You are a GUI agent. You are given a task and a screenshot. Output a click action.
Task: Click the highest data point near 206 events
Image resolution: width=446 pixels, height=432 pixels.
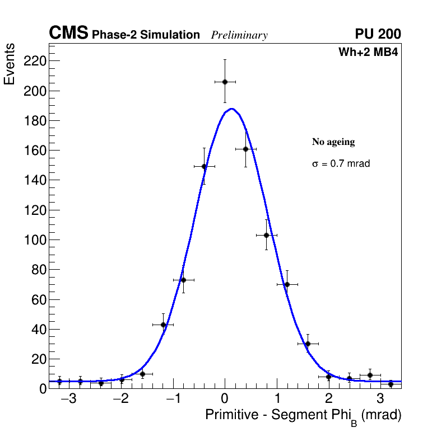tap(225, 82)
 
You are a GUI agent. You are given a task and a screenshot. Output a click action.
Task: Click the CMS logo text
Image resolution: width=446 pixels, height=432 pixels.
tap(68, 34)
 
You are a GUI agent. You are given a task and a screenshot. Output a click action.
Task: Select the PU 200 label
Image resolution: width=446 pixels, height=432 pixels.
tap(378, 34)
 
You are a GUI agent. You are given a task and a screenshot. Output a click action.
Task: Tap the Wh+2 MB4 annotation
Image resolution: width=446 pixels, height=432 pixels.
tap(368, 53)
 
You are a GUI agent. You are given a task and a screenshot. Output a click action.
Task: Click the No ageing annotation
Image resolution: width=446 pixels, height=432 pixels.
tap(333, 142)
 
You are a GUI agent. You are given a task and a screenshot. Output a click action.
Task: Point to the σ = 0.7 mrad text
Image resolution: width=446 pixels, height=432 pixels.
tap(341, 164)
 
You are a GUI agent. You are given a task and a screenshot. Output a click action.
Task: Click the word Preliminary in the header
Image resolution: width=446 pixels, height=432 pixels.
tap(239, 35)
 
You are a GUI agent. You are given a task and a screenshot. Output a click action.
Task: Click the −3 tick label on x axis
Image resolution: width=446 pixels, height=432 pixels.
tap(68, 400)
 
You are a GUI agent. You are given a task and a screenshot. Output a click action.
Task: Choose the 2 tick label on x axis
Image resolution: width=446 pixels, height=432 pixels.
tap(329, 400)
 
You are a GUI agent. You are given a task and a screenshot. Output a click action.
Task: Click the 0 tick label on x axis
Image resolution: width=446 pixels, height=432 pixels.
tap(225, 400)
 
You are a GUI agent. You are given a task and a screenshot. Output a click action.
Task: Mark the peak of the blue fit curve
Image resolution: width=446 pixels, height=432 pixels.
tap(231, 109)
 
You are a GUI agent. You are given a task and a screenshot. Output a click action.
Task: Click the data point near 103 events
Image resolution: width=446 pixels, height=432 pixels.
tap(266, 235)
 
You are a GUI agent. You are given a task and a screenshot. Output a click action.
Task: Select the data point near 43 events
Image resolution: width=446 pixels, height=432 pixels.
tap(163, 325)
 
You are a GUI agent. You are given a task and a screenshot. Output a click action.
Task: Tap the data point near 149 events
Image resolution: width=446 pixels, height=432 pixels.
tap(204, 166)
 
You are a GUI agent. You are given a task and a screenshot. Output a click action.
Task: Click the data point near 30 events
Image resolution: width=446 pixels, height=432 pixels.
tap(308, 344)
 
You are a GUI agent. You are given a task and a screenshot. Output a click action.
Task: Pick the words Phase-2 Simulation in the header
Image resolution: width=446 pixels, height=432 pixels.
tap(146, 35)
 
